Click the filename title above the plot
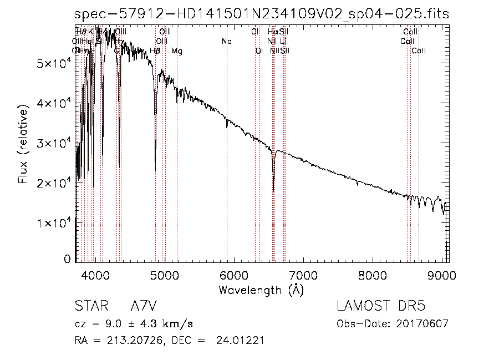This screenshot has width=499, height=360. click(x=262, y=14)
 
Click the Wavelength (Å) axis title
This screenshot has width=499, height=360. click(x=261, y=290)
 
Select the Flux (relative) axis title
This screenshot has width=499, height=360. click(x=23, y=147)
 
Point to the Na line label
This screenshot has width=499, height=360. click(x=226, y=42)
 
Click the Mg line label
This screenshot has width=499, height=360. click(x=177, y=52)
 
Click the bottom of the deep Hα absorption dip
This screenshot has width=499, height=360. click(x=273, y=190)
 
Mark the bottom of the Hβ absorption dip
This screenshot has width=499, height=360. click(x=155, y=169)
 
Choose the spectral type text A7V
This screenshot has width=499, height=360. click(x=142, y=307)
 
